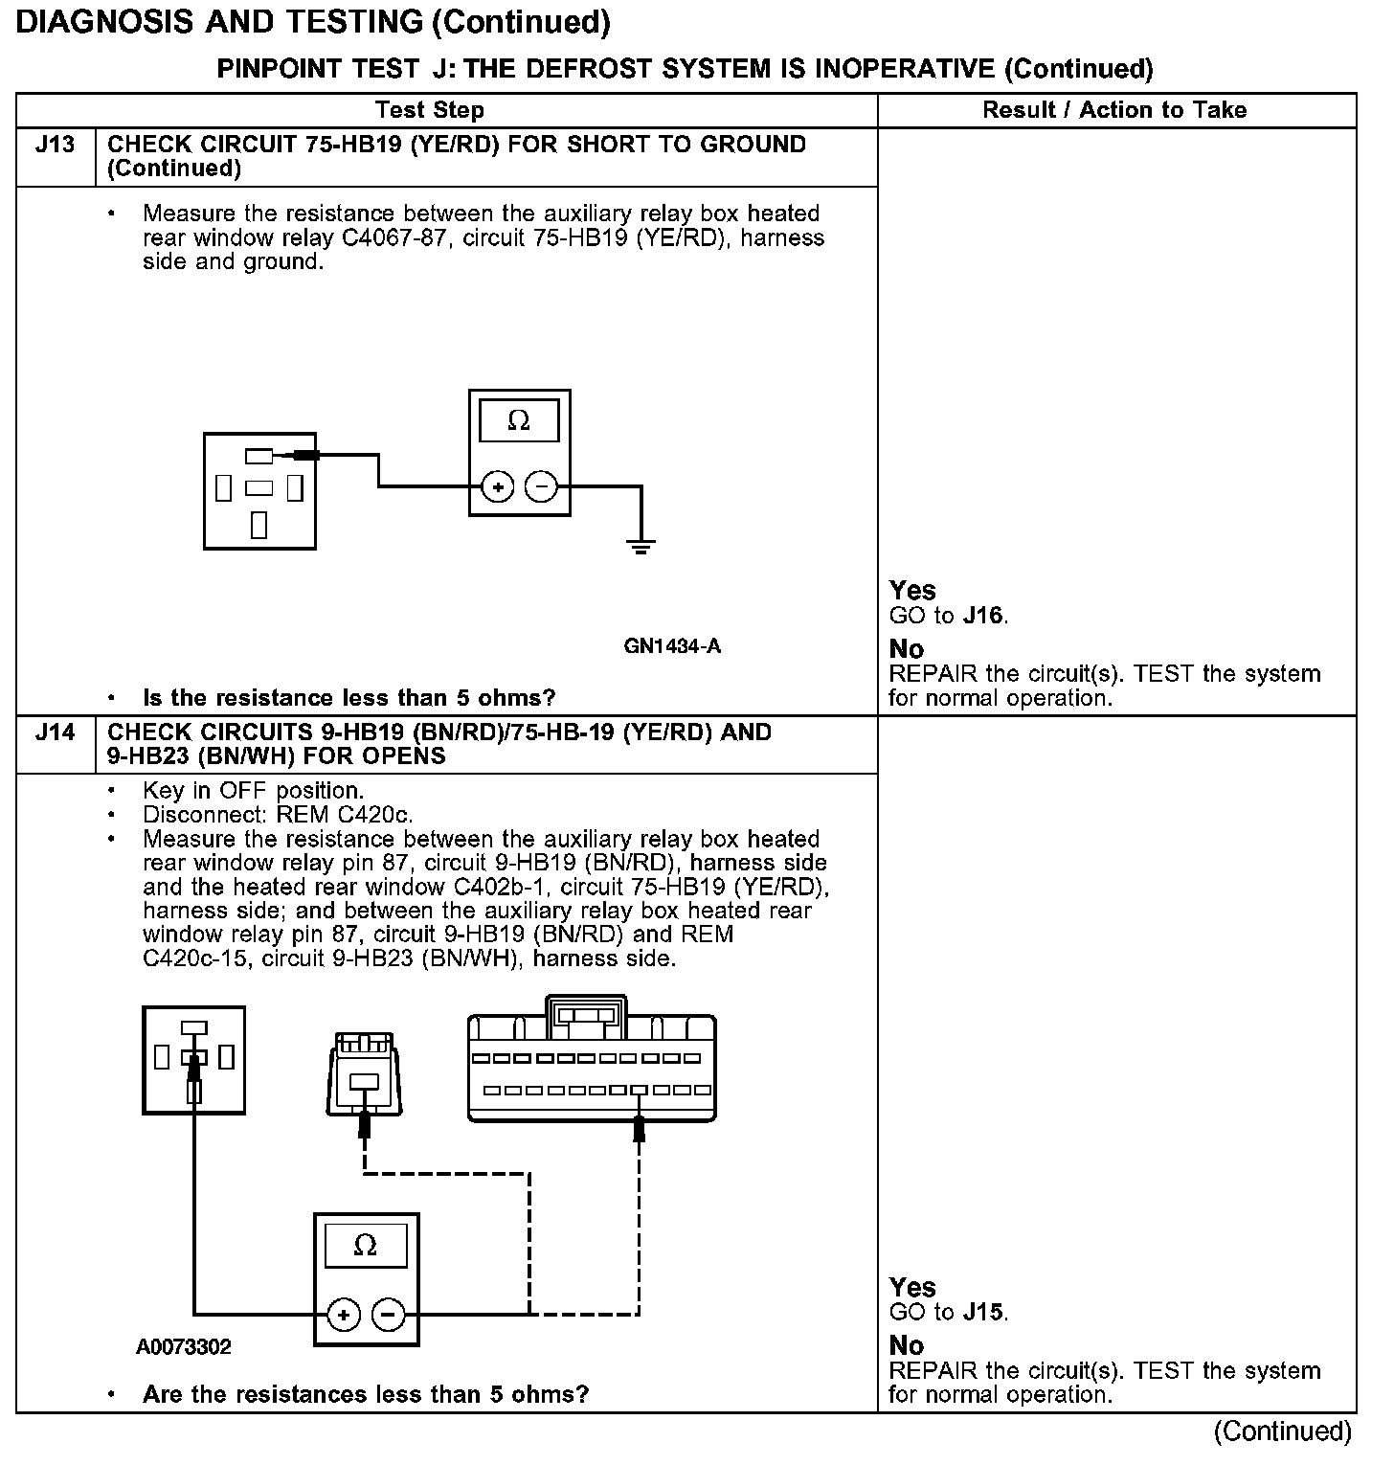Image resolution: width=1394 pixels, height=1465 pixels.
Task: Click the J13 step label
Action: point(55,145)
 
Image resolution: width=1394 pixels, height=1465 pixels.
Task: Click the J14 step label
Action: point(55,732)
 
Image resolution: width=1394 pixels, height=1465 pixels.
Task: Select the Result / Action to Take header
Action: point(1114,110)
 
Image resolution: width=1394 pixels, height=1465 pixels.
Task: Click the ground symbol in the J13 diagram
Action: point(641,547)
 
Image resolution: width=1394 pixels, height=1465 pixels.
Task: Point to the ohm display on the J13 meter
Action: point(519,421)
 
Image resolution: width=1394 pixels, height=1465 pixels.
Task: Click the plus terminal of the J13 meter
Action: point(497,487)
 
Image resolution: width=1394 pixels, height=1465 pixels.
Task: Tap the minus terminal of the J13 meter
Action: point(542,487)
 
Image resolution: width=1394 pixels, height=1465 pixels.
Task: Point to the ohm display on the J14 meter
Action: point(366,1246)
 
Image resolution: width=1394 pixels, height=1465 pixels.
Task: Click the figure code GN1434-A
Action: point(672,646)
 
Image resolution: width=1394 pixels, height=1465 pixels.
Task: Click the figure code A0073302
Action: point(184,1347)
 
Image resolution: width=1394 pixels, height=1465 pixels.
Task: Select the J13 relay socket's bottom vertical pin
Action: point(259,525)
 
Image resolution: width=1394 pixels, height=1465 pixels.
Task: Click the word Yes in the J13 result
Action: point(912,591)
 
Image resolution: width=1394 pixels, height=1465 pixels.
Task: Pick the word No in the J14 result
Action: point(907,1346)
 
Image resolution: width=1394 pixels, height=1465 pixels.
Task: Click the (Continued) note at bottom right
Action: point(1283,1431)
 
